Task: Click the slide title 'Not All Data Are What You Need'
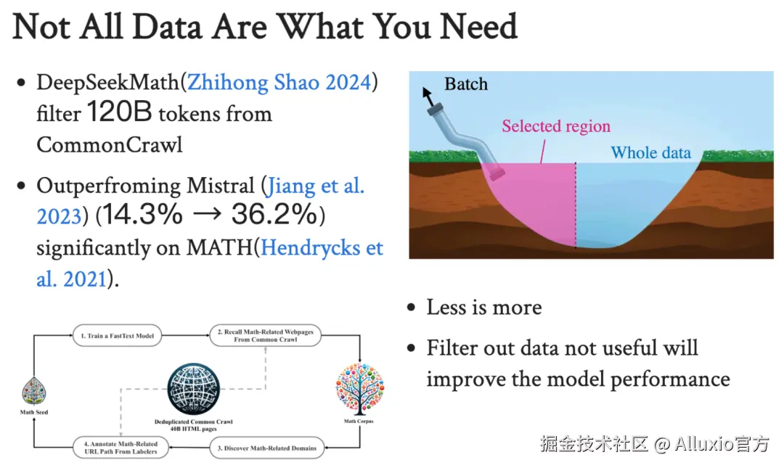[x=265, y=27]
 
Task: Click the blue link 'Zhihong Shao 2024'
[x=279, y=83]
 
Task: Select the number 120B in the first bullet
[x=120, y=112]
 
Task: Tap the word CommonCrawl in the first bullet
[x=110, y=145]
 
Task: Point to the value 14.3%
[x=142, y=214]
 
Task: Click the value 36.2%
[x=274, y=214]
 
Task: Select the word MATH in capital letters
[x=219, y=247]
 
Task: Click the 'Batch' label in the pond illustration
[x=466, y=84]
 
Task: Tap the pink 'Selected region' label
[x=556, y=126]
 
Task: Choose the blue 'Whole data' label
[x=650, y=152]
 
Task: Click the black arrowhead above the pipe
[x=427, y=92]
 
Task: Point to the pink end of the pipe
[x=497, y=174]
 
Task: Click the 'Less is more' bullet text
[x=484, y=307]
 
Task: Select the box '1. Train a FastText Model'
[x=118, y=335]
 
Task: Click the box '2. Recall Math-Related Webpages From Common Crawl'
[x=266, y=335]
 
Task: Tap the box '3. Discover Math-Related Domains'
[x=267, y=448]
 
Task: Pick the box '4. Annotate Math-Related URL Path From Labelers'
[x=121, y=448]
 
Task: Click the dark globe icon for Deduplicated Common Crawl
[x=194, y=389]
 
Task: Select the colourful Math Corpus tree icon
[x=359, y=389]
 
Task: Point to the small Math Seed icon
[x=34, y=391]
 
